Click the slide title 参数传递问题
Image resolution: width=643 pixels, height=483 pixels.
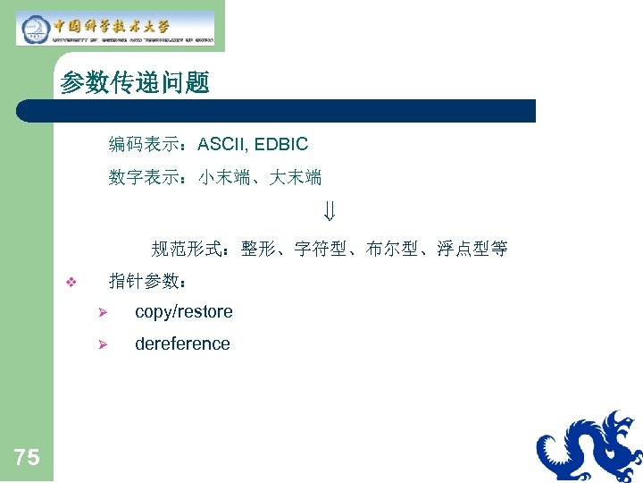click(x=135, y=84)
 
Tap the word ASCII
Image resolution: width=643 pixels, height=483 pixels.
click(x=222, y=144)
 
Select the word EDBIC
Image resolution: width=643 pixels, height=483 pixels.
click(x=281, y=144)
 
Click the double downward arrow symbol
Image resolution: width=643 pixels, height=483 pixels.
click(x=330, y=214)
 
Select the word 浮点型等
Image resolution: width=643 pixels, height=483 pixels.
click(x=472, y=249)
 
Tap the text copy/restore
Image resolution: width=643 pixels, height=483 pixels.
click(x=183, y=312)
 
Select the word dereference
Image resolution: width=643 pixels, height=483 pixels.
click(x=182, y=344)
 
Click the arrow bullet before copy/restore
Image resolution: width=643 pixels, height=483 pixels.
click(x=103, y=313)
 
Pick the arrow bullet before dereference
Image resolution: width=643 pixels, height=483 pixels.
click(x=103, y=345)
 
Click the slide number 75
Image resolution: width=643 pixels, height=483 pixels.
click(x=27, y=458)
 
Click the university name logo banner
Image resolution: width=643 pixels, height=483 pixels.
click(x=115, y=28)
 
